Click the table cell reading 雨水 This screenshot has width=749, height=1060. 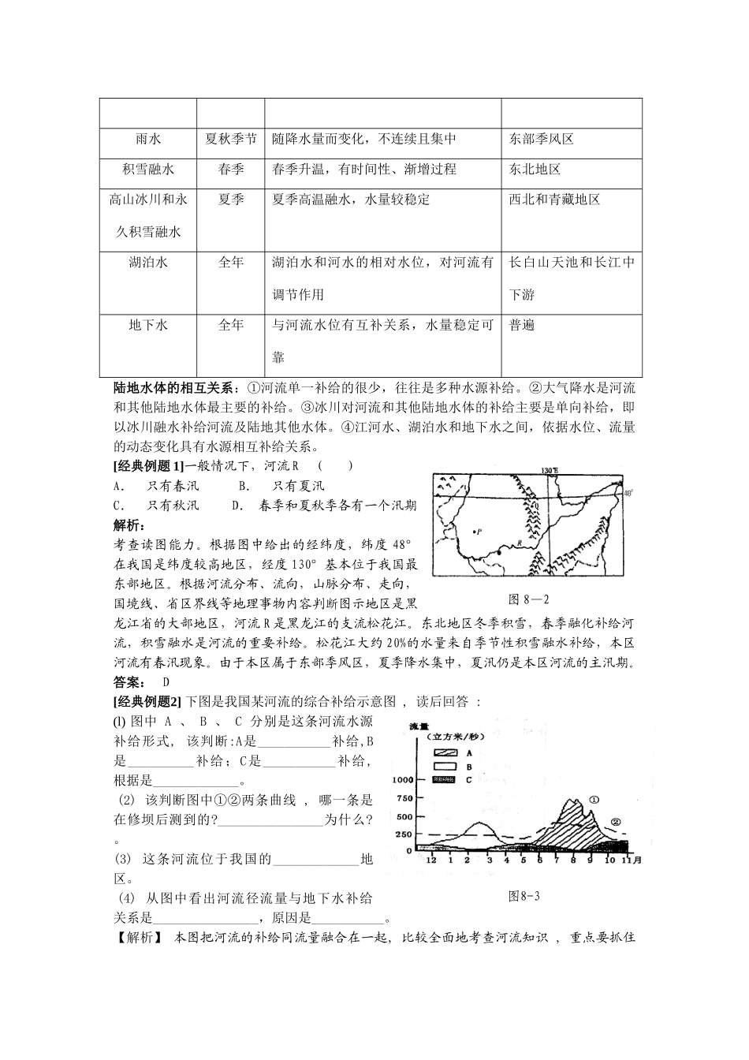147,139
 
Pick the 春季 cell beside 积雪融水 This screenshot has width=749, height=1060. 230,170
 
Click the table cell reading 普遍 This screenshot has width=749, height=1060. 522,325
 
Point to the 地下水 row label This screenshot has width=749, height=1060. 147,325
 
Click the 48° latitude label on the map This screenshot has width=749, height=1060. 628,494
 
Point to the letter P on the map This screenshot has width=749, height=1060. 479,532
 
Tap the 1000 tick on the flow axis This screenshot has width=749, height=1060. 400,780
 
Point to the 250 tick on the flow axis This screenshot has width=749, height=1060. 403,834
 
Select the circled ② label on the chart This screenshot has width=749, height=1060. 617,821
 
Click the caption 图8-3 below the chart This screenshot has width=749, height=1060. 524,895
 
